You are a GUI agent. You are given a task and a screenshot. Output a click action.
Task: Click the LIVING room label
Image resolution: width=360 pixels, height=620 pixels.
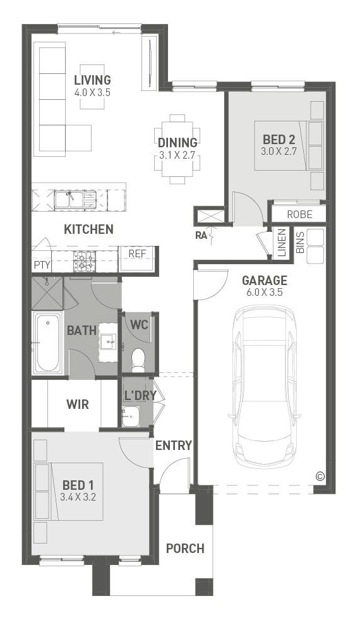pos(92,80)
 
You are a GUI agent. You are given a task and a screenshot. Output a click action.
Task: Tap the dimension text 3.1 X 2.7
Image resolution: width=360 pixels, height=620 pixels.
pos(177,155)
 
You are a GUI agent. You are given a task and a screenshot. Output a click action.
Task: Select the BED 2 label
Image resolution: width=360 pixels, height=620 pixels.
pos(279,140)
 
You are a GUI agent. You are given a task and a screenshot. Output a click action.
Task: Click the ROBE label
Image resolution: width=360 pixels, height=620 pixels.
pos(299,215)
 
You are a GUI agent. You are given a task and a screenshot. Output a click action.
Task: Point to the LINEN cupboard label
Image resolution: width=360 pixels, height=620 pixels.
pos(282,243)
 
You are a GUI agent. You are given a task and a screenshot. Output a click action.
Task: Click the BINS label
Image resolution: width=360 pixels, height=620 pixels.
pos(300,243)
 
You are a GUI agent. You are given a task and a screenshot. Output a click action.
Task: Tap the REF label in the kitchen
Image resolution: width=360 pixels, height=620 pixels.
pos(137,253)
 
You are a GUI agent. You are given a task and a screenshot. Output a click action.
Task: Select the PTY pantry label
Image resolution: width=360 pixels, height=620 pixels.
pos(42,265)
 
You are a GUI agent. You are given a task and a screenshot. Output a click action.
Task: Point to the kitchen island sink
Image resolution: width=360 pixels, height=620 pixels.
pos(76,199)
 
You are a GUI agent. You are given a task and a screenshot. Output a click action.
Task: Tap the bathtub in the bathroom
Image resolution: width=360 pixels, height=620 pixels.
pos(47,343)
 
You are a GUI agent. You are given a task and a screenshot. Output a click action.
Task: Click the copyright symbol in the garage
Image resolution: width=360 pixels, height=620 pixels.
pos(320,477)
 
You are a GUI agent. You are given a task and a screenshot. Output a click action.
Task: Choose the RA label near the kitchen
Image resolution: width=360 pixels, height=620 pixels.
pos(201,236)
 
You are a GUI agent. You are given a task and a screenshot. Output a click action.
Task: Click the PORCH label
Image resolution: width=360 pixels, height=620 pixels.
pos(185,549)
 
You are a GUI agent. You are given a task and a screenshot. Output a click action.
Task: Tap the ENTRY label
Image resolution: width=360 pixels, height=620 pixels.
pos(173,446)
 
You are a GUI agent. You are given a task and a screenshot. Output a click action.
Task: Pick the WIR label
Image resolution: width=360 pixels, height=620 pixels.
pos(78,404)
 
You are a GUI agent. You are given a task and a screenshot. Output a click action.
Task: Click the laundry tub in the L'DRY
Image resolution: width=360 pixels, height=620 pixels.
pos(130,416)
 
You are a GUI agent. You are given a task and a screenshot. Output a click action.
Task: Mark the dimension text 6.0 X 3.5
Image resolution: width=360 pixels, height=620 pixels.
pos(265,293)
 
